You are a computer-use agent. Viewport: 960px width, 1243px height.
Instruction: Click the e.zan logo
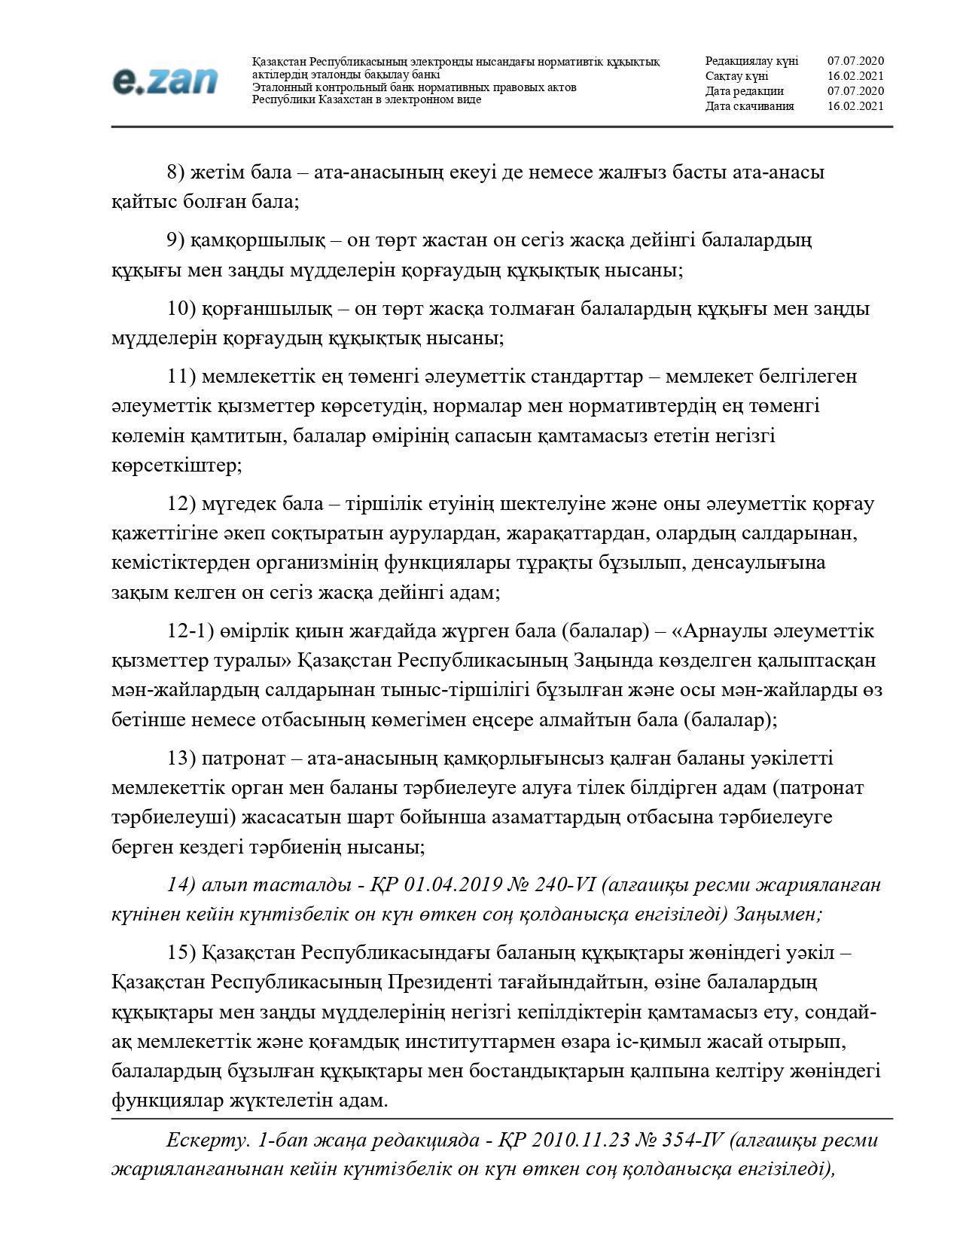[165, 81]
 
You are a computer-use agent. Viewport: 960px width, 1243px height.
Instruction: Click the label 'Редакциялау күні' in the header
[751, 61]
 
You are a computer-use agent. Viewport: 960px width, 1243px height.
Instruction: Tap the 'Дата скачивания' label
[749, 106]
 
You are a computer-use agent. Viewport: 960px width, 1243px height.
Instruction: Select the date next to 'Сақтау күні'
[855, 76]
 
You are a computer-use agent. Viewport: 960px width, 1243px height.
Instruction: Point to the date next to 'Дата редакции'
[855, 91]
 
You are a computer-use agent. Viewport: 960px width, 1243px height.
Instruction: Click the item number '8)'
[175, 173]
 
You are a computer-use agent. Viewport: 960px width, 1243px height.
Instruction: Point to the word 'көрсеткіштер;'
[176, 466]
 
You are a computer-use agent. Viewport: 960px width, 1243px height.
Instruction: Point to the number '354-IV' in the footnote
[693, 1140]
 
